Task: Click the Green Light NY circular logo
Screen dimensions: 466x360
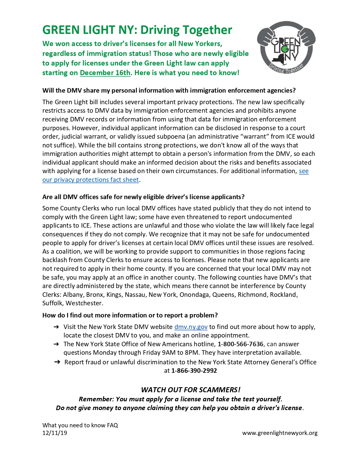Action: (286, 47)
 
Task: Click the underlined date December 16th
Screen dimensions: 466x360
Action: (105, 73)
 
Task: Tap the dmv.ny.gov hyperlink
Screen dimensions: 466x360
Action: (191, 327)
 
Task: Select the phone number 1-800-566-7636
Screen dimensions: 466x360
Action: (240, 344)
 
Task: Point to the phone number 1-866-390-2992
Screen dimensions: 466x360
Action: (194, 371)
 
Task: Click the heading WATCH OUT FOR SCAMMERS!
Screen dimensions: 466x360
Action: (191, 390)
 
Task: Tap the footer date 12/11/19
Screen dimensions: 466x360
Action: (55, 433)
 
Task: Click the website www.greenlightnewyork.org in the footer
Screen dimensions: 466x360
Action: (280, 433)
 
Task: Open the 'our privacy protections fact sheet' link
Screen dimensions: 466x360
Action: (90, 180)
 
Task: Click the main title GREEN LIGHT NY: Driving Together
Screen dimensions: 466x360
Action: (137, 30)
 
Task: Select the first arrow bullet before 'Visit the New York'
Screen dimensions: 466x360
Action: (56, 327)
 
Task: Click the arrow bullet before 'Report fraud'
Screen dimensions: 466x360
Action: (57, 362)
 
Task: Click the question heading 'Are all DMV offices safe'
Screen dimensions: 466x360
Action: (143, 197)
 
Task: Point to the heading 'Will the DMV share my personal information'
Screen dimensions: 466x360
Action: (169, 90)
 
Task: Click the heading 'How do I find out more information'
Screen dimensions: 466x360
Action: (130, 315)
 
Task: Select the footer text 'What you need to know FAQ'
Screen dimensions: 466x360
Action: (80, 425)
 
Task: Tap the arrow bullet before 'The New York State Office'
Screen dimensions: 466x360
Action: (56, 344)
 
